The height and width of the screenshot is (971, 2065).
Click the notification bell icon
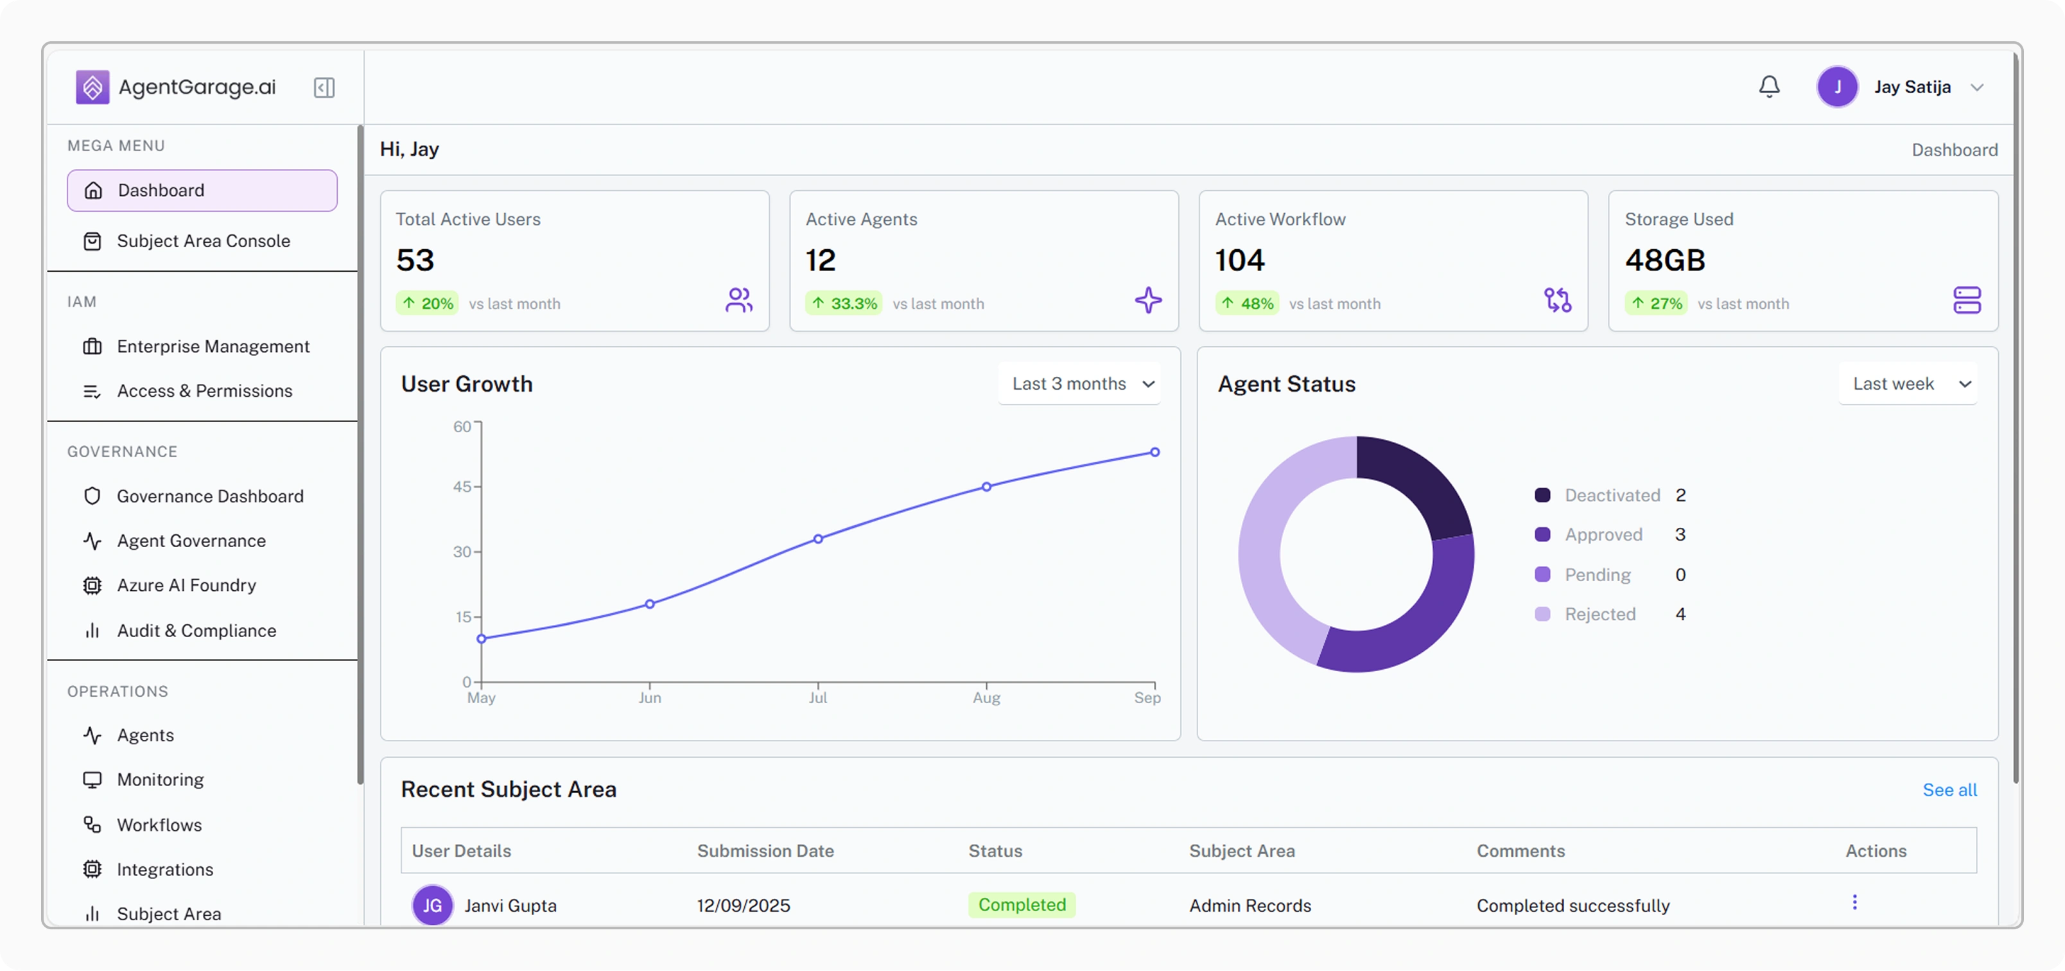[x=1768, y=87]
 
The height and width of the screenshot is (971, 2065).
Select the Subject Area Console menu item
[x=203, y=241]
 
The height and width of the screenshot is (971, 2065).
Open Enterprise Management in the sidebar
[x=213, y=346]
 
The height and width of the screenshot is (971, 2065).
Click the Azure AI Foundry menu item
[x=186, y=585]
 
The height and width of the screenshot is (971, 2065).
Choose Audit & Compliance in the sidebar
[x=196, y=631]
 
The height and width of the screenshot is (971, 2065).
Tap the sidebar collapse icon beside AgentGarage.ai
[x=324, y=87]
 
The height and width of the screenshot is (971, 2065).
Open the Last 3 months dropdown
[x=1081, y=384]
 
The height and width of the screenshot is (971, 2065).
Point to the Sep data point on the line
[x=1154, y=452]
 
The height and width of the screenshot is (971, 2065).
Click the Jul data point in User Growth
[x=817, y=539]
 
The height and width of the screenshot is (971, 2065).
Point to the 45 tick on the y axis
[x=462, y=487]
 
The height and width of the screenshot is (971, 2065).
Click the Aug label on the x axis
[x=986, y=697]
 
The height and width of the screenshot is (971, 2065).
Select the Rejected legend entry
[x=1599, y=614]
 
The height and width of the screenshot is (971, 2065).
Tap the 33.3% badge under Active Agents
[x=844, y=304]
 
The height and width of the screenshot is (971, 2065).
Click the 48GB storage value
[x=1664, y=261]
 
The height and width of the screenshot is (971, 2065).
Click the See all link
[x=1949, y=790]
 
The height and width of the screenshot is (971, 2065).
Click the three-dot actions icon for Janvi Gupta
[x=1854, y=903]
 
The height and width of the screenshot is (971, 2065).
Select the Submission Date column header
[x=765, y=851]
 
